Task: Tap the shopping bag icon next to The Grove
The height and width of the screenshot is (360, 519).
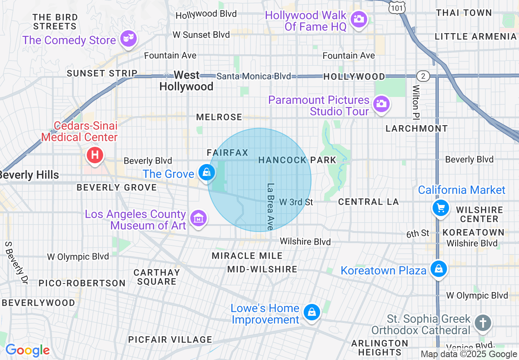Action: click(207, 172)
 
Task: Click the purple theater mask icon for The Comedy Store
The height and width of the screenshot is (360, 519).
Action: click(129, 39)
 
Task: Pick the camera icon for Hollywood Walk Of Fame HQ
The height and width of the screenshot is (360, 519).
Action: click(359, 19)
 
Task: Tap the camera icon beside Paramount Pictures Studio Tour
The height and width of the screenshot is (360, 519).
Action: click(381, 103)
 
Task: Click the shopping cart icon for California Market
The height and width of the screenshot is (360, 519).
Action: click(441, 208)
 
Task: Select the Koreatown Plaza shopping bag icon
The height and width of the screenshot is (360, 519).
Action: click(439, 269)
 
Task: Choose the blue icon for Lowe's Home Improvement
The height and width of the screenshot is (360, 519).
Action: click(312, 313)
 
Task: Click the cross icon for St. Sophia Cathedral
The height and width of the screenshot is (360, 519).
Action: click(483, 323)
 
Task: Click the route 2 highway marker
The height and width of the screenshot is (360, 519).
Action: click(423, 76)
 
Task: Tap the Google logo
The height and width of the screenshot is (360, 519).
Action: click(27, 350)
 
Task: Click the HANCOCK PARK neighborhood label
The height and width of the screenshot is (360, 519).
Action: click(297, 160)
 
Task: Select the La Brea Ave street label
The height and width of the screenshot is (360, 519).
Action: click(271, 206)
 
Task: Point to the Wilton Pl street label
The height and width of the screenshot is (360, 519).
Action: click(416, 103)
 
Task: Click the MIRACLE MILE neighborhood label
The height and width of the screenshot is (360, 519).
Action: click(247, 256)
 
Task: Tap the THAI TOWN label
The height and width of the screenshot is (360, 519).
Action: click(464, 13)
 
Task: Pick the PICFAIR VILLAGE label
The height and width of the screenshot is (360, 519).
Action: click(170, 340)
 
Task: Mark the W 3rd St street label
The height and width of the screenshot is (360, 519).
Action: click(296, 202)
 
